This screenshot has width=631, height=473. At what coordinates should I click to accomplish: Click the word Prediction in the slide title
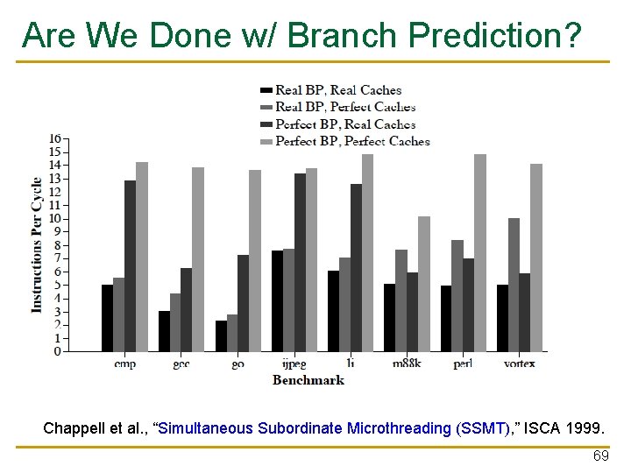pyautogui.click(x=493, y=35)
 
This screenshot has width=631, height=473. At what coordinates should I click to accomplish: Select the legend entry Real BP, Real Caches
pyautogui.click(x=337, y=90)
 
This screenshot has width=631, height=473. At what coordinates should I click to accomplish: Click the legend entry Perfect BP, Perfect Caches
pyautogui.click(x=352, y=141)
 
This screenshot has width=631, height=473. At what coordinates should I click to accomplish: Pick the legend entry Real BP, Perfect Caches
pyautogui.click(x=345, y=107)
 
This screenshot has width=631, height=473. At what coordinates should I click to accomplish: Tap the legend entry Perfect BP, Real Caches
pyautogui.click(x=345, y=124)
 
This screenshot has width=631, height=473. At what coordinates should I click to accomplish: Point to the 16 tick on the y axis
pyautogui.click(x=54, y=138)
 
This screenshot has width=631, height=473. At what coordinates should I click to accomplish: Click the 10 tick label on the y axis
pyautogui.click(x=54, y=218)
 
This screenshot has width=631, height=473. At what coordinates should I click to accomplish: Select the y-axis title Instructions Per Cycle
pyautogui.click(x=37, y=245)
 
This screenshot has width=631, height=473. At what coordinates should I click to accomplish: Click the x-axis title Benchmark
pyautogui.click(x=308, y=380)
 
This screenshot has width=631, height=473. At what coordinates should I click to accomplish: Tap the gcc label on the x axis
pyautogui.click(x=181, y=364)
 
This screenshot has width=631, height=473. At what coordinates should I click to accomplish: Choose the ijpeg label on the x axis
pyautogui.click(x=294, y=364)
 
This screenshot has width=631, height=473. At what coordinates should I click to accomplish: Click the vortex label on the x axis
pyautogui.click(x=519, y=364)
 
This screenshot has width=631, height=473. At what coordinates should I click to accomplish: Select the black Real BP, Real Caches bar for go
pyautogui.click(x=221, y=335)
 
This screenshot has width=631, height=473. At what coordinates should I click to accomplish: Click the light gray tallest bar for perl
pyautogui.click(x=480, y=253)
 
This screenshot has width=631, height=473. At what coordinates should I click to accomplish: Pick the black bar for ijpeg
pyautogui.click(x=277, y=300)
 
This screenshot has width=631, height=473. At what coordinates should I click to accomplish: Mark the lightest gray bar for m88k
pyautogui.click(x=424, y=284)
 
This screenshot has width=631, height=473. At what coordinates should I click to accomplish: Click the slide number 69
pyautogui.click(x=600, y=457)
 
